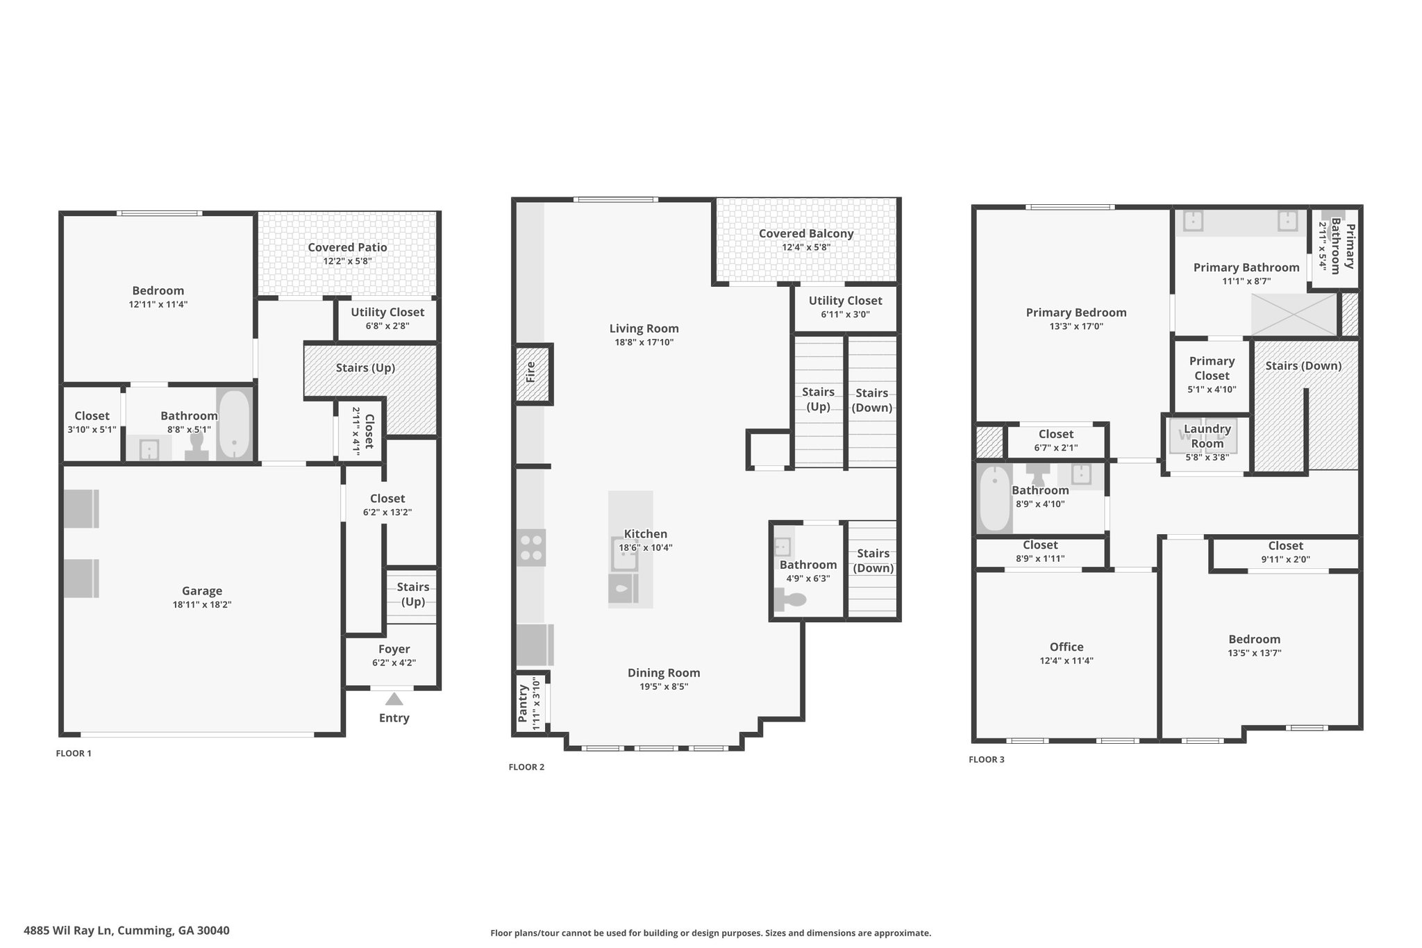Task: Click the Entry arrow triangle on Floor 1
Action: pyautogui.click(x=394, y=699)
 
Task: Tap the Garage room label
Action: pyautogui.click(x=202, y=591)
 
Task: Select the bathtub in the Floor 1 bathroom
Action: pyautogui.click(x=234, y=424)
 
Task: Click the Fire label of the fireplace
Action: pyautogui.click(x=531, y=372)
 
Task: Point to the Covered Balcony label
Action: pyautogui.click(x=806, y=233)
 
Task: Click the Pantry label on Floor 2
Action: pyautogui.click(x=523, y=704)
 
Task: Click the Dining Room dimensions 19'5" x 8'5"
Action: pyautogui.click(x=664, y=687)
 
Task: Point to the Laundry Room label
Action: pyautogui.click(x=1207, y=436)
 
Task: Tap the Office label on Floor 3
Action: pyautogui.click(x=1066, y=647)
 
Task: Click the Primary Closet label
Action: pyautogui.click(x=1212, y=368)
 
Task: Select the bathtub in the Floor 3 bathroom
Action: pyautogui.click(x=994, y=499)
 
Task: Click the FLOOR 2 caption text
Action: pyautogui.click(x=526, y=767)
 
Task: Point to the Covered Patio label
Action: pyautogui.click(x=347, y=247)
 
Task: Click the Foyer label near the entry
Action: pyautogui.click(x=394, y=649)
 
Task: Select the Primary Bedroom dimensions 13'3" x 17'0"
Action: pyautogui.click(x=1076, y=326)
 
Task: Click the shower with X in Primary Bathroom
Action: pyautogui.click(x=1294, y=315)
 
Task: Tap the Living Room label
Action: pyautogui.click(x=644, y=329)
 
